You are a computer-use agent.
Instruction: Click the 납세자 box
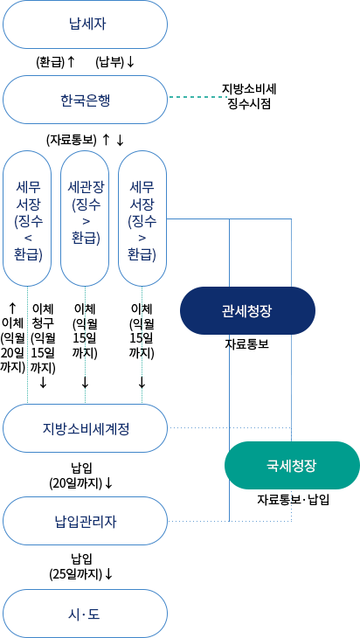pyautogui.click(x=85, y=24)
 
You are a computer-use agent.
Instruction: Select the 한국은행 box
pyautogui.click(x=85, y=100)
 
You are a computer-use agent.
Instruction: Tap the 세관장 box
pyautogui.click(x=85, y=218)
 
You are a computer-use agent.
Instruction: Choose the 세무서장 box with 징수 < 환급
pyautogui.click(x=27, y=218)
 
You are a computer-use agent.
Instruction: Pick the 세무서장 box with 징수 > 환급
pyautogui.click(x=142, y=218)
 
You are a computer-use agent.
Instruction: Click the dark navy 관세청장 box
pyautogui.click(x=247, y=310)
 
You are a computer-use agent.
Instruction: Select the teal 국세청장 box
pyautogui.click(x=291, y=465)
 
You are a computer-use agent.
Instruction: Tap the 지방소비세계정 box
pyautogui.click(x=85, y=428)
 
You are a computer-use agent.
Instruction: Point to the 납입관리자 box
pyautogui.click(x=85, y=522)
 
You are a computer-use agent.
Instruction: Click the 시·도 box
pyautogui.click(x=85, y=614)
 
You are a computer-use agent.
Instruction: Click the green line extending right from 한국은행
pyautogui.click(x=196, y=96)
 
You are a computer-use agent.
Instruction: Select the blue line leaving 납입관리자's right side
pyautogui.click(x=197, y=522)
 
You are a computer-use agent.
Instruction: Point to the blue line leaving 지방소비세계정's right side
pyautogui.click(x=194, y=428)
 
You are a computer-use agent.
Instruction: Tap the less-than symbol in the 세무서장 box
pyautogui.click(x=27, y=237)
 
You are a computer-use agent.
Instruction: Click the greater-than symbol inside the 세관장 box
pyautogui.click(x=85, y=221)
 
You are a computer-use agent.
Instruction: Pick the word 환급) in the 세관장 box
pyautogui.click(x=85, y=238)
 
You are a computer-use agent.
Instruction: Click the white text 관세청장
pyautogui.click(x=247, y=310)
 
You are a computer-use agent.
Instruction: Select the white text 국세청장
pyautogui.click(x=291, y=465)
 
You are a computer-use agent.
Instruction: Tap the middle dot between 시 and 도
pyautogui.click(x=85, y=614)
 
